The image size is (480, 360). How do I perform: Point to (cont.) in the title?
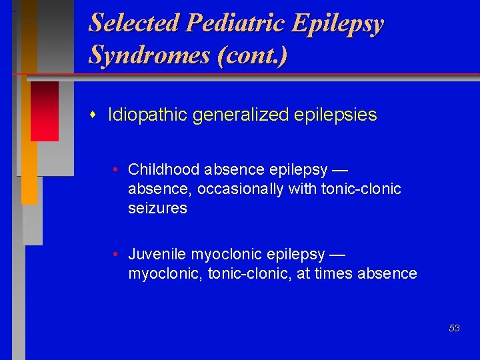pyautogui.click(x=253, y=55)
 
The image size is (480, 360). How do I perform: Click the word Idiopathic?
pyautogui.click(x=147, y=115)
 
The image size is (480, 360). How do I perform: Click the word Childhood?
pyautogui.click(x=164, y=169)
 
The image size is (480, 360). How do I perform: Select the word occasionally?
pyautogui.click(x=242, y=189)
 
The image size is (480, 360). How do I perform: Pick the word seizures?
pyautogui.click(x=157, y=208)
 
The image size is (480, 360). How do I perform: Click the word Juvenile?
pyautogui.click(x=157, y=254)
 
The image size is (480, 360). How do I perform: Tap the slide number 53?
pyautogui.click(x=454, y=328)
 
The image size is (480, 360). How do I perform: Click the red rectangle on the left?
pyautogui.click(x=44, y=111)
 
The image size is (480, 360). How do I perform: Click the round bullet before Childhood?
pyautogui.click(x=116, y=169)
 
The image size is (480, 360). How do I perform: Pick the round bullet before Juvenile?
pyautogui.click(x=116, y=254)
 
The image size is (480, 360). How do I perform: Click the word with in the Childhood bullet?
pyautogui.click(x=303, y=189)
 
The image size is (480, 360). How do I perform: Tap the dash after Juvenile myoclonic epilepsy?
pyautogui.click(x=337, y=254)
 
